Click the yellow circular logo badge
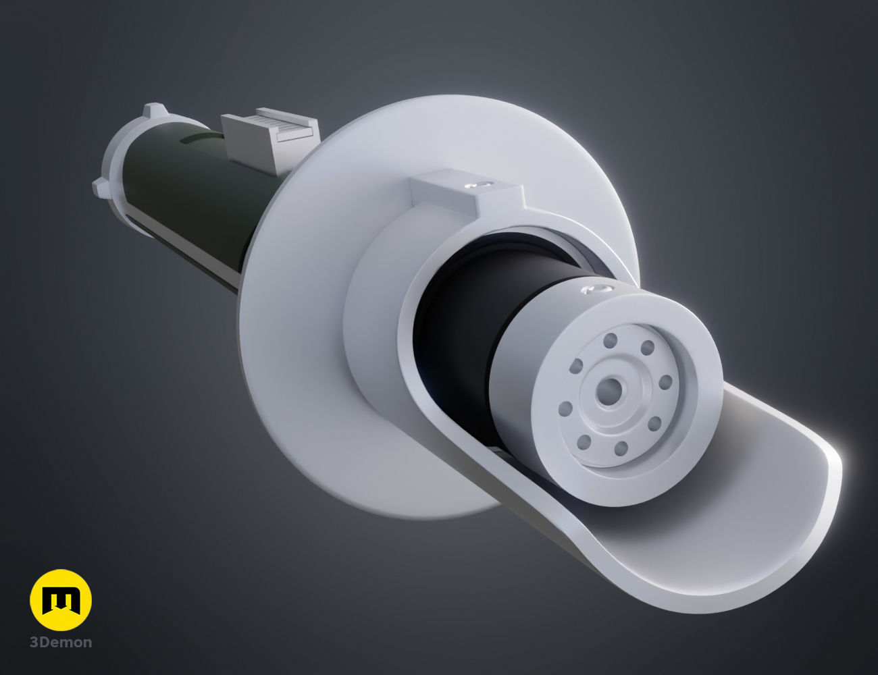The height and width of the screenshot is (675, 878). [61, 600]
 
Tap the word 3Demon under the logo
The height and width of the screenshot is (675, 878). [61, 642]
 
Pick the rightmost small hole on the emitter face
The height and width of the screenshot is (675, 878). [665, 383]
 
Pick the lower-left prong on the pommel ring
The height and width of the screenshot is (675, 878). [101, 187]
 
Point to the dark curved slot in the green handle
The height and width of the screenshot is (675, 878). [199, 139]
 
